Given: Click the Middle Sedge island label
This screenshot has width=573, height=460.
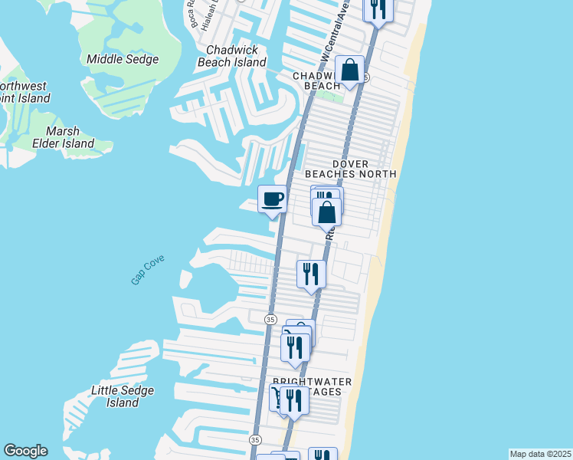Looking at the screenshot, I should (123, 59).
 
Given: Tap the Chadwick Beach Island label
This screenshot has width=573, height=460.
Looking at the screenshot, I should (231, 56).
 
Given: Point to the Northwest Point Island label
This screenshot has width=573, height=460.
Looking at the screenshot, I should (23, 92).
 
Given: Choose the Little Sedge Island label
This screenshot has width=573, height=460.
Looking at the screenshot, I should (123, 396).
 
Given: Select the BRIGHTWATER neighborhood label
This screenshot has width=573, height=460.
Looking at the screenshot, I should (313, 382).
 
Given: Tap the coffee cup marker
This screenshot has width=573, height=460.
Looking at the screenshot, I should (272, 200).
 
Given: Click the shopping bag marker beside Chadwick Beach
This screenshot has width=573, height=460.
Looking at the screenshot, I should (349, 71).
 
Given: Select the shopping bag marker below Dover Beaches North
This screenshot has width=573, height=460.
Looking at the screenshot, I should (326, 212).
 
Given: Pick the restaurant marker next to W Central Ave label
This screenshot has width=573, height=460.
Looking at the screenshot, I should (378, 9).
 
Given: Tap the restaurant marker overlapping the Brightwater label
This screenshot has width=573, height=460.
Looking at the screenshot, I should (293, 400).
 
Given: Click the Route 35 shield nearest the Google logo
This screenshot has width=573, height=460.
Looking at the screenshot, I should (256, 440).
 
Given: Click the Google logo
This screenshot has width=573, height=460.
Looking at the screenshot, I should (25, 451).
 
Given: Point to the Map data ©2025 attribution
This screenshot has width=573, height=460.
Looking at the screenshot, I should (540, 454).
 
